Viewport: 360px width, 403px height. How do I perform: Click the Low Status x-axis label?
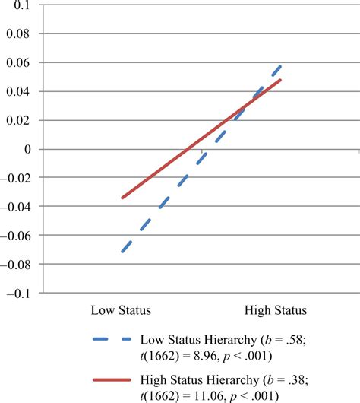pos(121,310)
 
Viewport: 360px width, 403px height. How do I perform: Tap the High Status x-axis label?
pos(275,310)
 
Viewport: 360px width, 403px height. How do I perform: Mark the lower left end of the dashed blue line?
pos(122,252)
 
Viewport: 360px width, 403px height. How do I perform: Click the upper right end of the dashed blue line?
pos(281,66)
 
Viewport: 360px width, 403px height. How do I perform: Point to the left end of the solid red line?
pos(122,198)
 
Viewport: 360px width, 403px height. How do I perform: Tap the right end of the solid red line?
pos(281,80)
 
